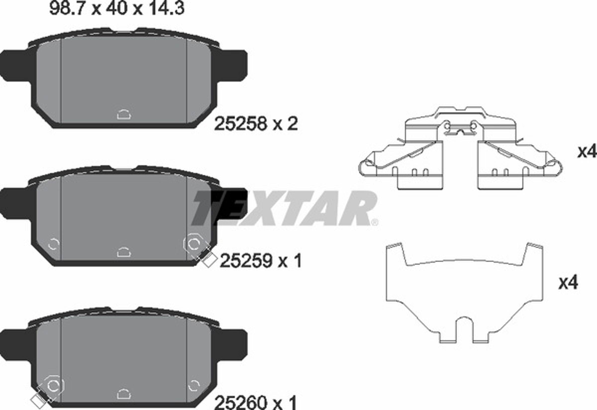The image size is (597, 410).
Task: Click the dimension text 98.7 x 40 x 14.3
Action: click(x=117, y=8)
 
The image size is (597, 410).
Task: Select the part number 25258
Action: click(x=241, y=124)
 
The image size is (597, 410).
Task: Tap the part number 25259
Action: click(x=246, y=261)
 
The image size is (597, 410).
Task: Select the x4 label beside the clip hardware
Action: click(x=587, y=152)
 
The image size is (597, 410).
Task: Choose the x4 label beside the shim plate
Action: click(x=568, y=283)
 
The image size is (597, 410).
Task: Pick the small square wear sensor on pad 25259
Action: click(x=209, y=260)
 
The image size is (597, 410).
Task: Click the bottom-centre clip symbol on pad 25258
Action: click(x=124, y=115)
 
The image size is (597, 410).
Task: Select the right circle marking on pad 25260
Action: click(x=194, y=385)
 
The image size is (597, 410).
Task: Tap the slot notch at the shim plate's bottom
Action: click(x=464, y=330)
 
